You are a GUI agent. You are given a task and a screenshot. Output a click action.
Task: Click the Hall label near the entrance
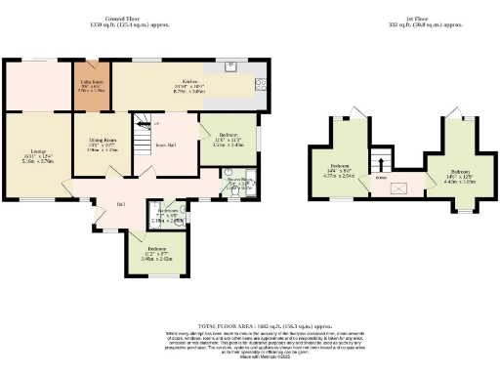120,203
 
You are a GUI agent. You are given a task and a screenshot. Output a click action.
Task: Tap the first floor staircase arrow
385,161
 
